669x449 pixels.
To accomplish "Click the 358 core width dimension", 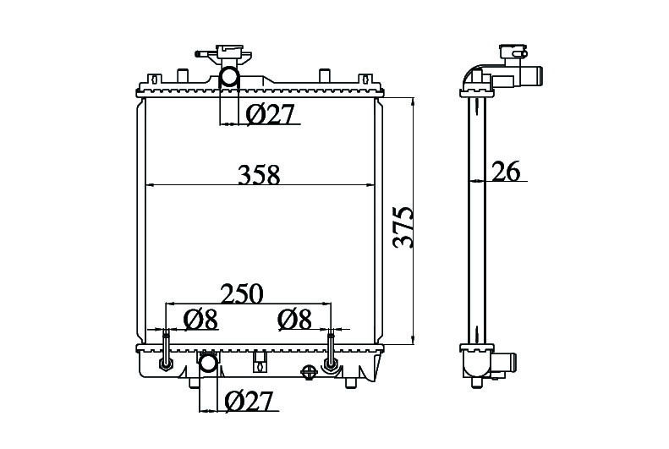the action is [x=259, y=175].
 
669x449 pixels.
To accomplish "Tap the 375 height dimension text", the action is [x=403, y=227].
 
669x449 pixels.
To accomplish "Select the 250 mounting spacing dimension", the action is [x=242, y=293].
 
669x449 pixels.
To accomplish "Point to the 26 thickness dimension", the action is [x=506, y=171].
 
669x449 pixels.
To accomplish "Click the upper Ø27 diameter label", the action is [x=271, y=114].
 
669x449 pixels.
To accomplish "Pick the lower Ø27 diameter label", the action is [x=248, y=402].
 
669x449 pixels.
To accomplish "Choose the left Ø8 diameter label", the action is [x=200, y=320].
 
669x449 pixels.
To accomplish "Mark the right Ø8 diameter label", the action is [x=294, y=320].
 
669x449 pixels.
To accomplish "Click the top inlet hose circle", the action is [x=229, y=78].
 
